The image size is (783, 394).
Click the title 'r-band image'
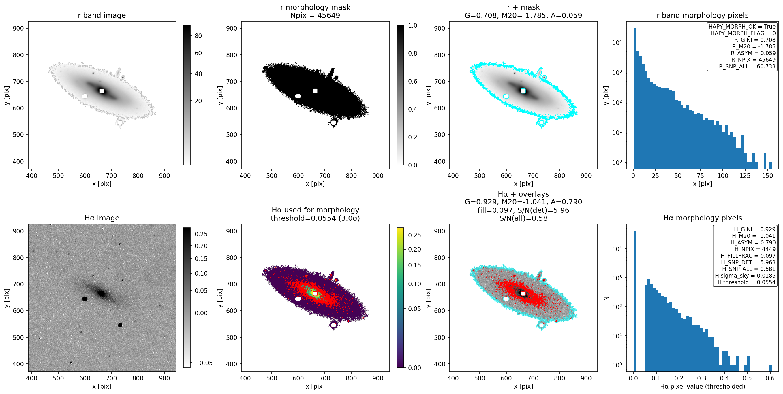(x=102, y=15)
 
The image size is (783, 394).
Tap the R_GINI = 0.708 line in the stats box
(x=755, y=40)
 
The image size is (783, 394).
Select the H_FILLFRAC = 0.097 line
(x=748, y=256)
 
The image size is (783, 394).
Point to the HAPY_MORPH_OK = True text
(x=742, y=27)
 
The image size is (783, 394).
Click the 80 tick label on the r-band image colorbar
(x=198, y=36)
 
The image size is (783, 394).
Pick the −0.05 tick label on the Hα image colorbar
(x=204, y=363)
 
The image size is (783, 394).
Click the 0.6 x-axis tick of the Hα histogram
(x=770, y=378)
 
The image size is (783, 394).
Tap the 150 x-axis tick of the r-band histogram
(x=767, y=176)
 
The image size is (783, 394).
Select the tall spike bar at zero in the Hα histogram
(x=635, y=301)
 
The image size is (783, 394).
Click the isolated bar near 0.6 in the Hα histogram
(x=770, y=368)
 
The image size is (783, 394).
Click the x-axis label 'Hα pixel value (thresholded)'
(x=703, y=387)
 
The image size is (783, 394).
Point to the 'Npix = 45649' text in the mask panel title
(x=315, y=15)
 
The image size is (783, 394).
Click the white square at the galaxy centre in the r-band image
(x=102, y=91)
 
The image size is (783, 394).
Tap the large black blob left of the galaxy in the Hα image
(x=85, y=299)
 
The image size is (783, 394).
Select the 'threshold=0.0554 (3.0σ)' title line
(x=315, y=218)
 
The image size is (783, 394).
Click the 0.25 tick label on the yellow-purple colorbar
(x=415, y=235)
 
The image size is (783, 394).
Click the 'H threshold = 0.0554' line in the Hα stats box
(x=747, y=282)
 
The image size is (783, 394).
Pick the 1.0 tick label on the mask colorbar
(x=412, y=26)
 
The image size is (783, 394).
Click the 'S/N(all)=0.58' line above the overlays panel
(x=523, y=218)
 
